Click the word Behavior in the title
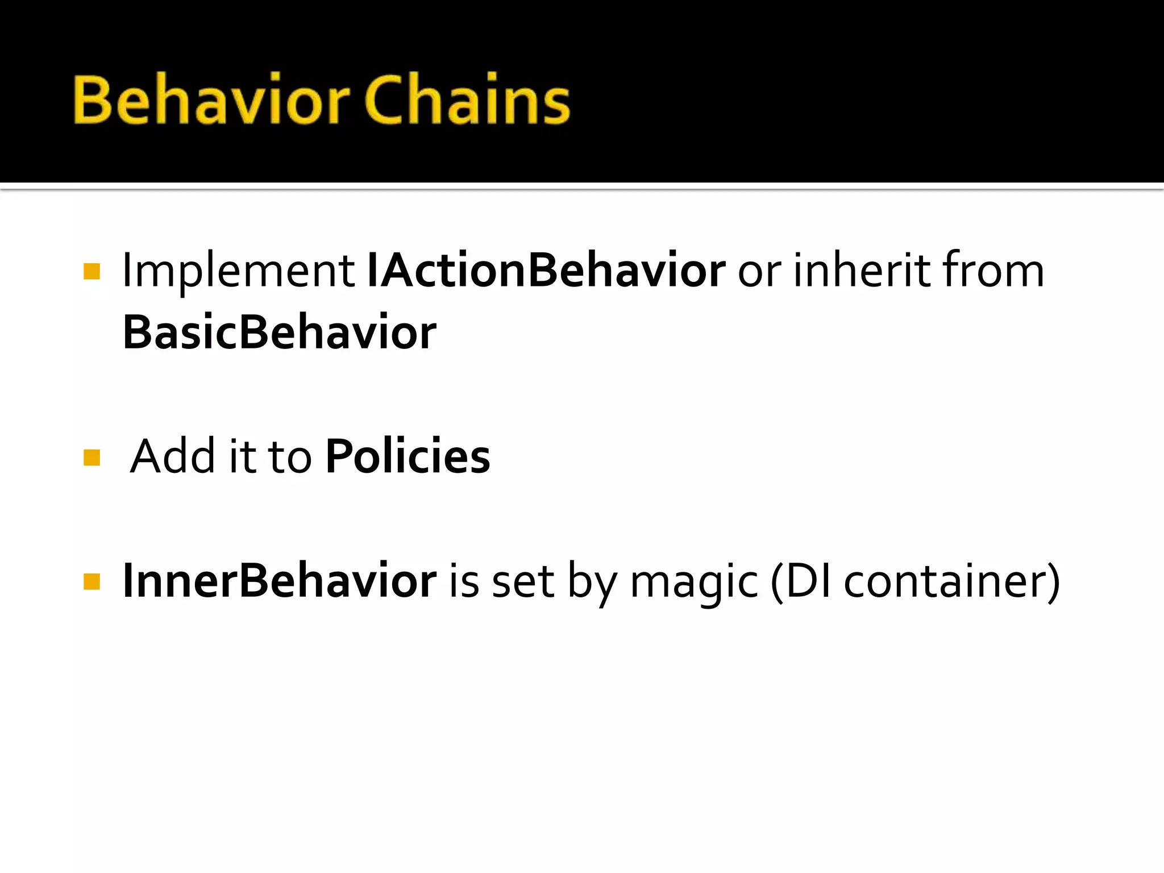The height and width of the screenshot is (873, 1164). (x=210, y=100)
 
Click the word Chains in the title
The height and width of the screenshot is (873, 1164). (x=467, y=100)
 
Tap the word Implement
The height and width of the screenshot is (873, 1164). (x=239, y=271)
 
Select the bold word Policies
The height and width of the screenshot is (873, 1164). (x=408, y=456)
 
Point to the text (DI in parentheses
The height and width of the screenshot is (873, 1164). (x=801, y=581)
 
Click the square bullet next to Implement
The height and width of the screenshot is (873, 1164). (x=92, y=272)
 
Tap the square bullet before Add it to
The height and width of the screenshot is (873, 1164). (x=92, y=458)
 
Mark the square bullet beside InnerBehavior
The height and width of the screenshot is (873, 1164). (x=92, y=581)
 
